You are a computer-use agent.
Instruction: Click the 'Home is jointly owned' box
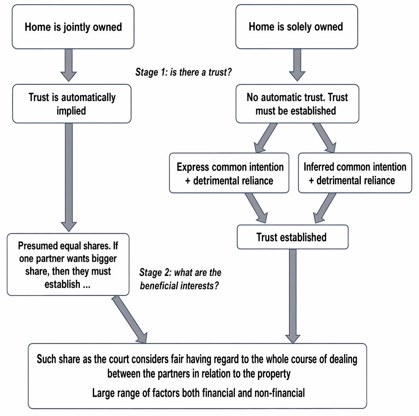(73, 27)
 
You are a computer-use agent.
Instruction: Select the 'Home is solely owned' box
(296, 27)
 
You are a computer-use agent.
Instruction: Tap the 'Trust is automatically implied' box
(72, 104)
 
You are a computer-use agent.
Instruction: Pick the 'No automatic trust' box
(297, 104)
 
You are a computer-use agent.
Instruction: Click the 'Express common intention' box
(229, 173)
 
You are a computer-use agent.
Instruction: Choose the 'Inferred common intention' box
(355, 173)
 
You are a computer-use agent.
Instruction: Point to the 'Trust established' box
(293, 237)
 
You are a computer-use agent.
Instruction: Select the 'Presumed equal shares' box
(68, 265)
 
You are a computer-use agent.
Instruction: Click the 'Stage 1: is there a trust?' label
(183, 72)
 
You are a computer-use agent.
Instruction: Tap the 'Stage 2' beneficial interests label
(180, 279)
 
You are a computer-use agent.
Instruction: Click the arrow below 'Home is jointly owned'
(69, 65)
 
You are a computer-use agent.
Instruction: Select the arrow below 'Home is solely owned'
(297, 65)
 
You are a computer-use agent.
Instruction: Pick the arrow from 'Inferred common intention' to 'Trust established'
(324, 208)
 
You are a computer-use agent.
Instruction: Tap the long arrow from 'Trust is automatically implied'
(69, 177)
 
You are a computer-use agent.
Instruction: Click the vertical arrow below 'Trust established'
(293, 296)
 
